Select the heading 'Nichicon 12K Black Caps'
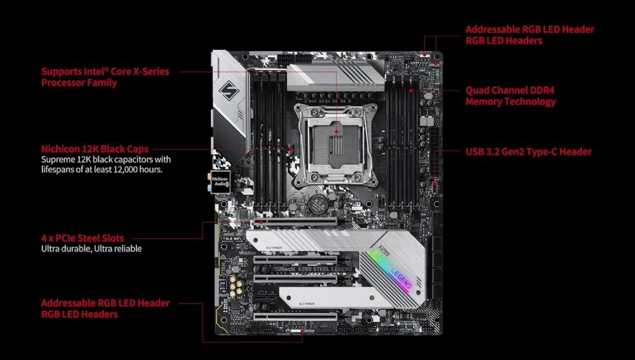(95, 149)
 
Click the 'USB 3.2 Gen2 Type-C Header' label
(528, 152)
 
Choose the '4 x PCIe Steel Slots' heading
(83, 238)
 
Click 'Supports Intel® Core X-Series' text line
(105, 71)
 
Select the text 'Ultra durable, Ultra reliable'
(91, 249)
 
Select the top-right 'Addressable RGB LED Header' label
(530, 29)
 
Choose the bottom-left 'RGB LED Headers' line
(79, 314)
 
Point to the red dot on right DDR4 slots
(411, 90)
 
